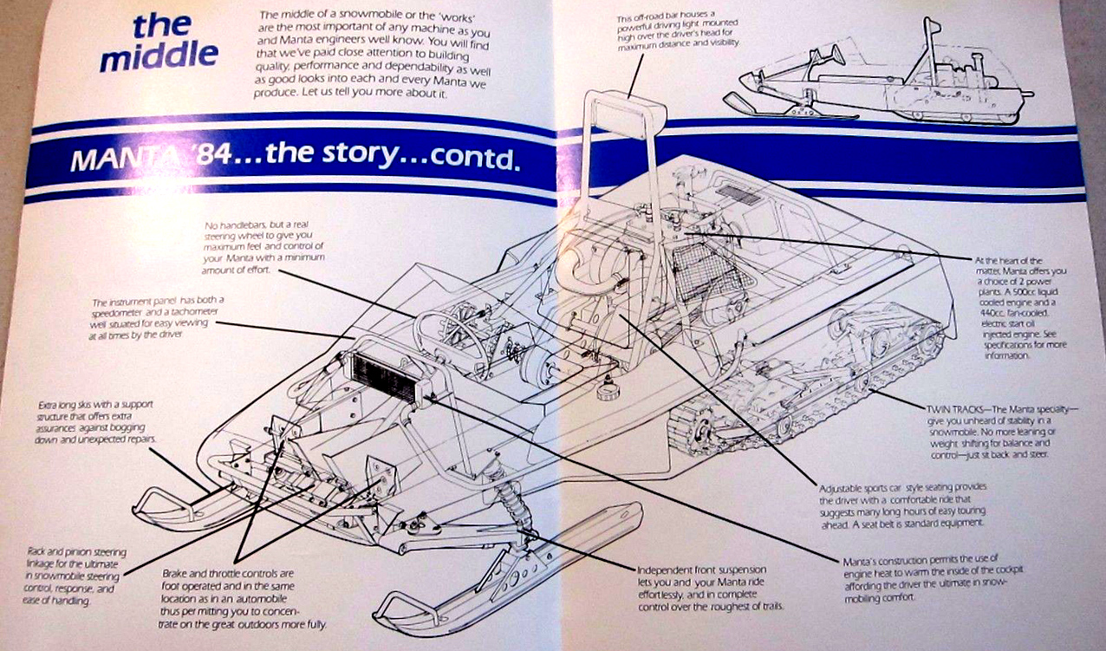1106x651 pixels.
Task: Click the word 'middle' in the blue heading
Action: [x=159, y=56]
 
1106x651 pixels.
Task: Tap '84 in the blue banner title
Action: [x=228, y=158]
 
